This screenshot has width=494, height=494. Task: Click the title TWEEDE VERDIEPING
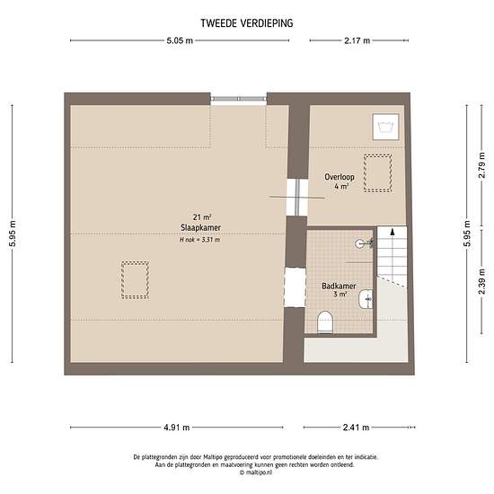[247, 23]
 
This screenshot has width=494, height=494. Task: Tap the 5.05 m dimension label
[180, 40]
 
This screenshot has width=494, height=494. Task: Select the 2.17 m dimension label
[357, 40]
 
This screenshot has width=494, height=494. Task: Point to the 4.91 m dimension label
[176, 428]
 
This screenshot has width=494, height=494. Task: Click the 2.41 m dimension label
[356, 428]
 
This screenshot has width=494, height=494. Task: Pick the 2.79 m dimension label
[481, 165]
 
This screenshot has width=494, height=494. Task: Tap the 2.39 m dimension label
[481, 282]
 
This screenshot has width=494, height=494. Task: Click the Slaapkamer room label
[200, 227]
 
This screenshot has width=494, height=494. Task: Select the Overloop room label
[340, 177]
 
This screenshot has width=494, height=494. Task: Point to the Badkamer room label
[339, 286]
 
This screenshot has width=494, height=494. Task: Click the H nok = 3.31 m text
[199, 240]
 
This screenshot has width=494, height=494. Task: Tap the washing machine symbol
[385, 127]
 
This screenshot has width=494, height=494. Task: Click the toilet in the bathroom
[325, 322]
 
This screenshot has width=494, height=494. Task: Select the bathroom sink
[366, 299]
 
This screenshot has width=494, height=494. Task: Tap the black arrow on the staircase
[393, 232]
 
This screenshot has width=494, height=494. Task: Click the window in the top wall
[239, 99]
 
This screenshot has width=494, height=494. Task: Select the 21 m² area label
[201, 217]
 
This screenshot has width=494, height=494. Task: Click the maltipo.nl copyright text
[256, 472]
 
